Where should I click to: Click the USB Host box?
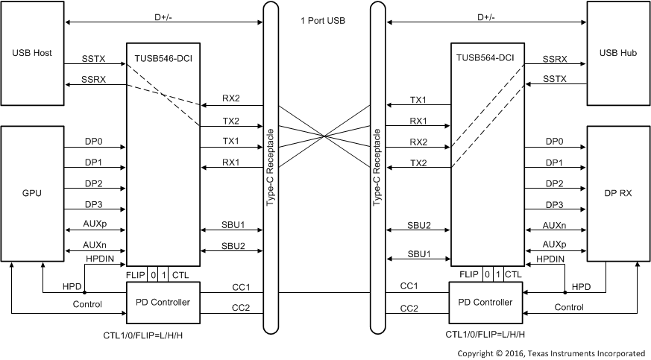[x=31, y=54]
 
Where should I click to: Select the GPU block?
[x=31, y=193]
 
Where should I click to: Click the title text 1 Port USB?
[x=324, y=20]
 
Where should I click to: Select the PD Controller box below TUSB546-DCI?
[x=163, y=302]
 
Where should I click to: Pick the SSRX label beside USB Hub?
[x=554, y=57]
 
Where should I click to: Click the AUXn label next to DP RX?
[x=553, y=224]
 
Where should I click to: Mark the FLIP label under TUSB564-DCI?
[x=468, y=274]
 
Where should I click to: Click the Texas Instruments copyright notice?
[x=551, y=353]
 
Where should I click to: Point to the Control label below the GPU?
[x=88, y=305]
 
